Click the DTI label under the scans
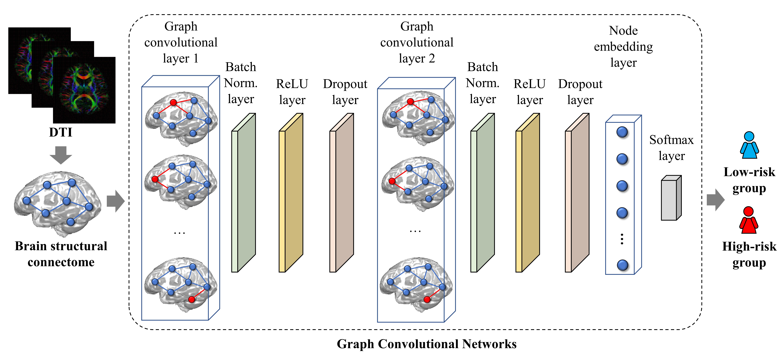pyautogui.click(x=61, y=132)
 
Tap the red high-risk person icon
pyautogui.click(x=748, y=220)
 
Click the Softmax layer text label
pyautogui.click(x=671, y=148)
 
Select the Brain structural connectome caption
pyautogui.click(x=61, y=254)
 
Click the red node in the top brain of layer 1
pyautogui.click(x=173, y=102)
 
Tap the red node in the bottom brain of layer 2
pyautogui.click(x=427, y=299)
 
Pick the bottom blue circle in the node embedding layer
pyautogui.click(x=622, y=265)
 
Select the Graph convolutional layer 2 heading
pyautogui.click(x=417, y=42)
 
